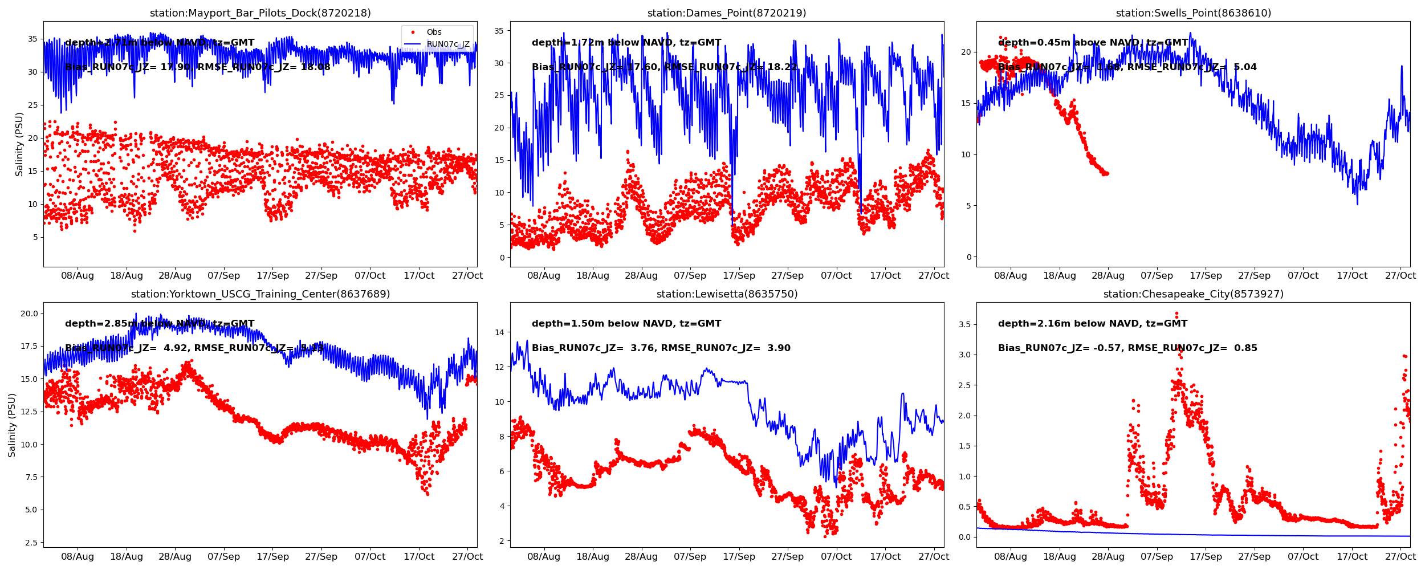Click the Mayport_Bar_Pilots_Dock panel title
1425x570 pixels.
point(260,13)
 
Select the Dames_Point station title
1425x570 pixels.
point(727,13)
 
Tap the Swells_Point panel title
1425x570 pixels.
point(1193,13)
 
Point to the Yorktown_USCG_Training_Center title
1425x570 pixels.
point(260,294)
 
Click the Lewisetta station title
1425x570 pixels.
point(727,294)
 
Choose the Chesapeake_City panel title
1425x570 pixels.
point(1193,294)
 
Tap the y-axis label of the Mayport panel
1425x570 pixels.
point(19,144)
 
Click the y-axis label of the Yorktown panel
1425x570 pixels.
point(12,425)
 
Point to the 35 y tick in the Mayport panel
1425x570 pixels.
point(32,39)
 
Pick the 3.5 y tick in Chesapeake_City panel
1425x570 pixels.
point(963,324)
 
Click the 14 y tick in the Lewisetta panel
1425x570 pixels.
point(499,332)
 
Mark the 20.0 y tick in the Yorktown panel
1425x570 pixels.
point(29,313)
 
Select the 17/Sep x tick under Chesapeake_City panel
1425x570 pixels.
point(1206,557)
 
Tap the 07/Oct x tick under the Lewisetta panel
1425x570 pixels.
point(836,557)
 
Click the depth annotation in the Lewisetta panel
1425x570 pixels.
point(626,324)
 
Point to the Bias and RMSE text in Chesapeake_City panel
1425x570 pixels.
point(1127,348)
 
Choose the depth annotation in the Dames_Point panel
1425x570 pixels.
point(626,43)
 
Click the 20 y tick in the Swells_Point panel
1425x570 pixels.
point(966,52)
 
